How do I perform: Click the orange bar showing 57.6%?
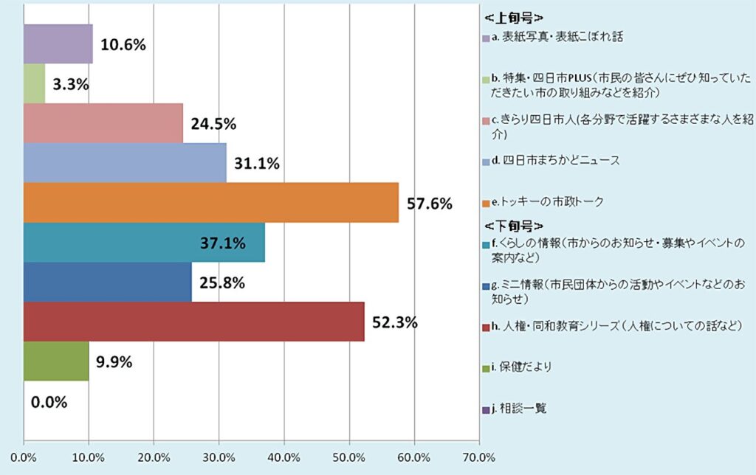(x=211, y=202)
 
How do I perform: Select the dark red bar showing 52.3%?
(x=194, y=322)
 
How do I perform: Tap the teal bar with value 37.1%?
(x=144, y=242)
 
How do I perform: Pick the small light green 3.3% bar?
(x=35, y=83)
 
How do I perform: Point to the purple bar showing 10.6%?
(x=58, y=44)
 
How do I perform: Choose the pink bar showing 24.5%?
(x=103, y=122)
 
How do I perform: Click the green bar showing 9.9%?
(x=56, y=361)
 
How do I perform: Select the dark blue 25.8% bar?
(x=108, y=282)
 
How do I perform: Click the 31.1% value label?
(x=255, y=164)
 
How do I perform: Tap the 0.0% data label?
(x=49, y=403)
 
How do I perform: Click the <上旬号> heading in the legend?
(x=514, y=17)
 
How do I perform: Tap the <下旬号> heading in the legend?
(x=514, y=224)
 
